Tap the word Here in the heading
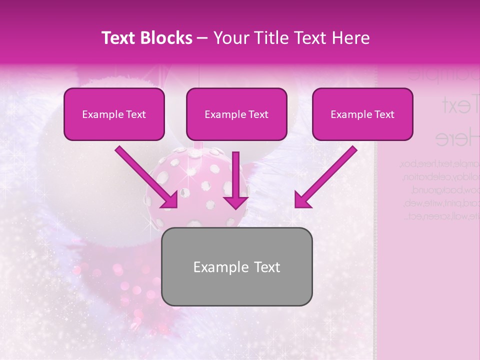pos(349,38)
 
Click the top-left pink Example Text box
pos(114,114)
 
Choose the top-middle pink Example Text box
pos(236,114)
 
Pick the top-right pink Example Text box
pos(362,114)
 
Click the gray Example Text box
pos(237,266)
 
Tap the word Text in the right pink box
pos(384,114)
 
